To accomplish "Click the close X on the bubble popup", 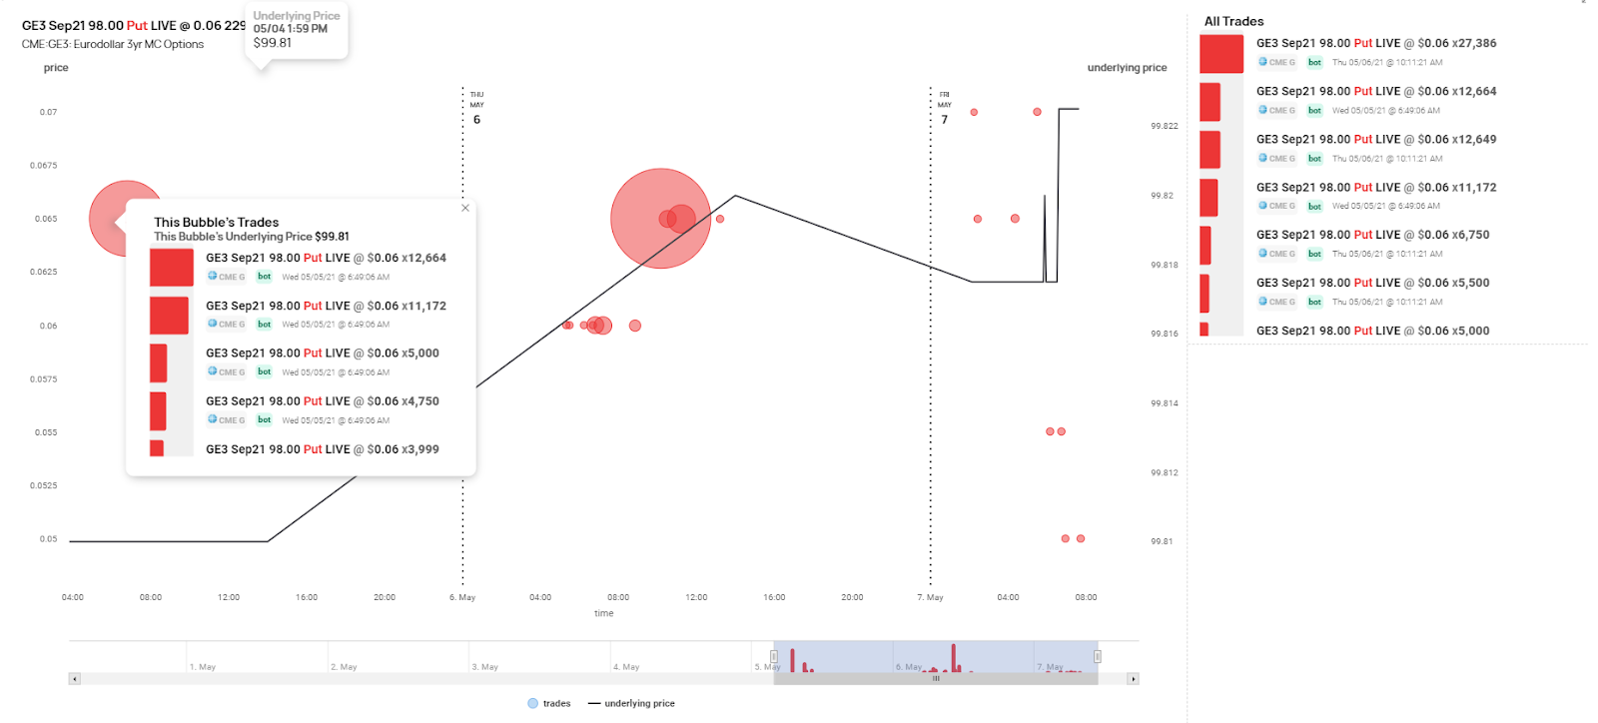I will [465, 208].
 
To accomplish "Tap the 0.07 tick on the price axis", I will [48, 112].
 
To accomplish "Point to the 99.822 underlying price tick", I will [1164, 126].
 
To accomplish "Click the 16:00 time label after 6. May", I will [774, 597].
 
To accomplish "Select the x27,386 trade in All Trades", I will [1375, 44].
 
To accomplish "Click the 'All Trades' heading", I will [1233, 21].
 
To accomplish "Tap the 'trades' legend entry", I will [549, 703].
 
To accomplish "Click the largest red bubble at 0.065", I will [660, 218].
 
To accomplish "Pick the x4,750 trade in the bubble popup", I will [322, 401].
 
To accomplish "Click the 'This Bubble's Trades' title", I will [216, 222].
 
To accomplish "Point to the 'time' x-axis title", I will [603, 613].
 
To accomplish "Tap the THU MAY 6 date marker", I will [476, 107].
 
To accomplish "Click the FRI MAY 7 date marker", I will [944, 107].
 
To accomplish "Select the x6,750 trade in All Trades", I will [1372, 236].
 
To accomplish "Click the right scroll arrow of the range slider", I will [1132, 679].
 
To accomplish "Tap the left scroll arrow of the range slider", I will [74, 679].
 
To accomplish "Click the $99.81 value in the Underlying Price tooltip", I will [273, 43].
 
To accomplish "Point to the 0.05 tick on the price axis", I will [48, 539].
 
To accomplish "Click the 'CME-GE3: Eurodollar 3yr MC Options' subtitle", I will [113, 44].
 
